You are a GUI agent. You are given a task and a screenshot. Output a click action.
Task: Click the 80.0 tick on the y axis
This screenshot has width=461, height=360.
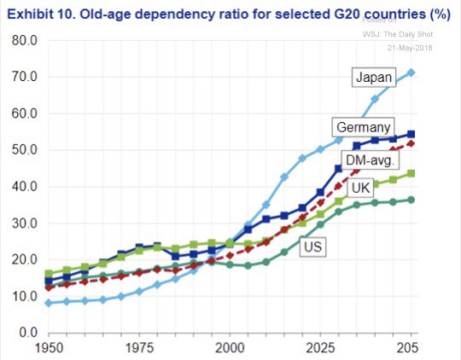[x=24, y=40]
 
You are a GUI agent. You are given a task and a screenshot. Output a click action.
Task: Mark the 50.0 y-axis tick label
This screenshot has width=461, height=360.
[x=24, y=150]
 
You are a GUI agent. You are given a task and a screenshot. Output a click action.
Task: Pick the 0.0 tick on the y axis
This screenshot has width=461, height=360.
[x=27, y=333]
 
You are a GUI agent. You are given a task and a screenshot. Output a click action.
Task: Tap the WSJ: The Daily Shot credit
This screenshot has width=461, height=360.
[x=405, y=34]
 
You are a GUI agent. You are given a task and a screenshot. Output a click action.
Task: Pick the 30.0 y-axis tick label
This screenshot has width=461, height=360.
[x=24, y=224]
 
